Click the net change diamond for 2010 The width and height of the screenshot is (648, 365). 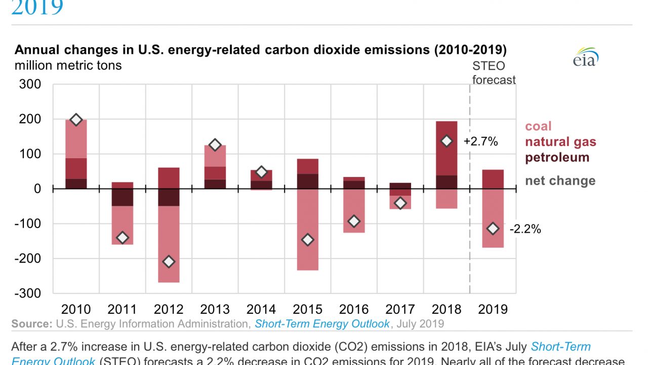[x=76, y=120]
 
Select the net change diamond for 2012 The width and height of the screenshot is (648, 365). [x=169, y=262]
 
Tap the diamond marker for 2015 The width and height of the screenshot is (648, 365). [x=307, y=240]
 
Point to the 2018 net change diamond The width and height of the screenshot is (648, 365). [x=447, y=141]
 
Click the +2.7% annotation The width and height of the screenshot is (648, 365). [x=480, y=141]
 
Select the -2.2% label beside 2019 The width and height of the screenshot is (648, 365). [x=525, y=229]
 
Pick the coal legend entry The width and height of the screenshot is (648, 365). [x=538, y=126]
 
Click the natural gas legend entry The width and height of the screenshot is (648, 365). [x=560, y=141]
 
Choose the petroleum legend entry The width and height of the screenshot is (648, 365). [x=557, y=157]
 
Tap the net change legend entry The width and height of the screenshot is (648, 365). [x=560, y=181]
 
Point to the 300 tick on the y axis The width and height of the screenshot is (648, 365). [x=30, y=84]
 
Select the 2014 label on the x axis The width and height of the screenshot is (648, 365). [x=261, y=309]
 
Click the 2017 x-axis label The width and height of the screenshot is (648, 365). [x=400, y=309]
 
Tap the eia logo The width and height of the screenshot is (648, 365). [x=586, y=58]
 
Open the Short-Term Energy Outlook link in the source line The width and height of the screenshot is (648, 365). [x=322, y=324]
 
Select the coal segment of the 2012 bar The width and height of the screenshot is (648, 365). [x=169, y=243]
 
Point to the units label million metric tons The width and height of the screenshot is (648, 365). [x=68, y=65]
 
